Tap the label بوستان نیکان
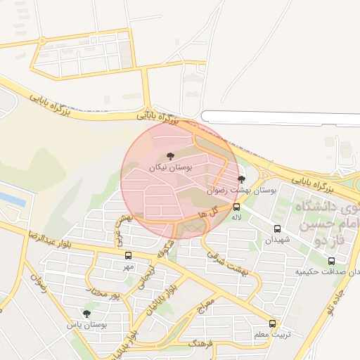point(170,167)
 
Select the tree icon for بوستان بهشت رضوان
point(242,180)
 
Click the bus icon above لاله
point(236,207)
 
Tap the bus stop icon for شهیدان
point(277,229)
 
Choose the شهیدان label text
point(276,240)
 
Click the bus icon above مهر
point(128,256)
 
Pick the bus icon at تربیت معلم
point(272,324)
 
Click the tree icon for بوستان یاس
point(86,314)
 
